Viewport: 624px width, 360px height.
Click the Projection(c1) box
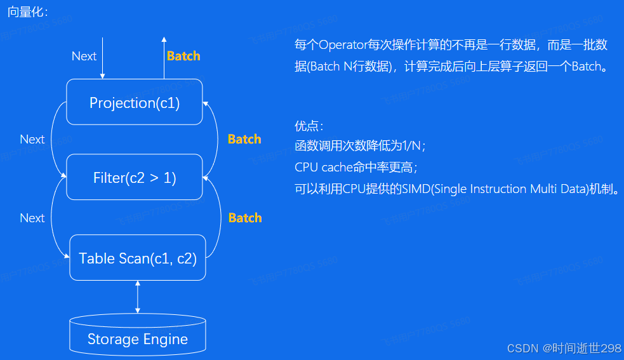coord(135,102)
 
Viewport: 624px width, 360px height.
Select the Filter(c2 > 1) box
coord(135,178)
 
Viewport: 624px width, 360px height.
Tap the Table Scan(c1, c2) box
coord(138,258)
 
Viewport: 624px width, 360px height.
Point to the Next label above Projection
coord(84,56)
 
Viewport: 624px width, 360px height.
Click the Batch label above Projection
coord(183,56)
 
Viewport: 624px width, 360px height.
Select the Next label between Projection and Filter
coord(32,139)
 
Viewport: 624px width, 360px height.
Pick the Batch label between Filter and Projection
coord(244,139)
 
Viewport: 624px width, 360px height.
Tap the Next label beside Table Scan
coord(32,218)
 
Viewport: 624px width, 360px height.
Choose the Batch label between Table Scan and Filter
coord(244,218)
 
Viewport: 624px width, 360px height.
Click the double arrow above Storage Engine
coord(138,297)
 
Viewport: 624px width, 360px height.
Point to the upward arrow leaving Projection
coord(164,57)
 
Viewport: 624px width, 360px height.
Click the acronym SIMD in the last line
coord(416,189)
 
